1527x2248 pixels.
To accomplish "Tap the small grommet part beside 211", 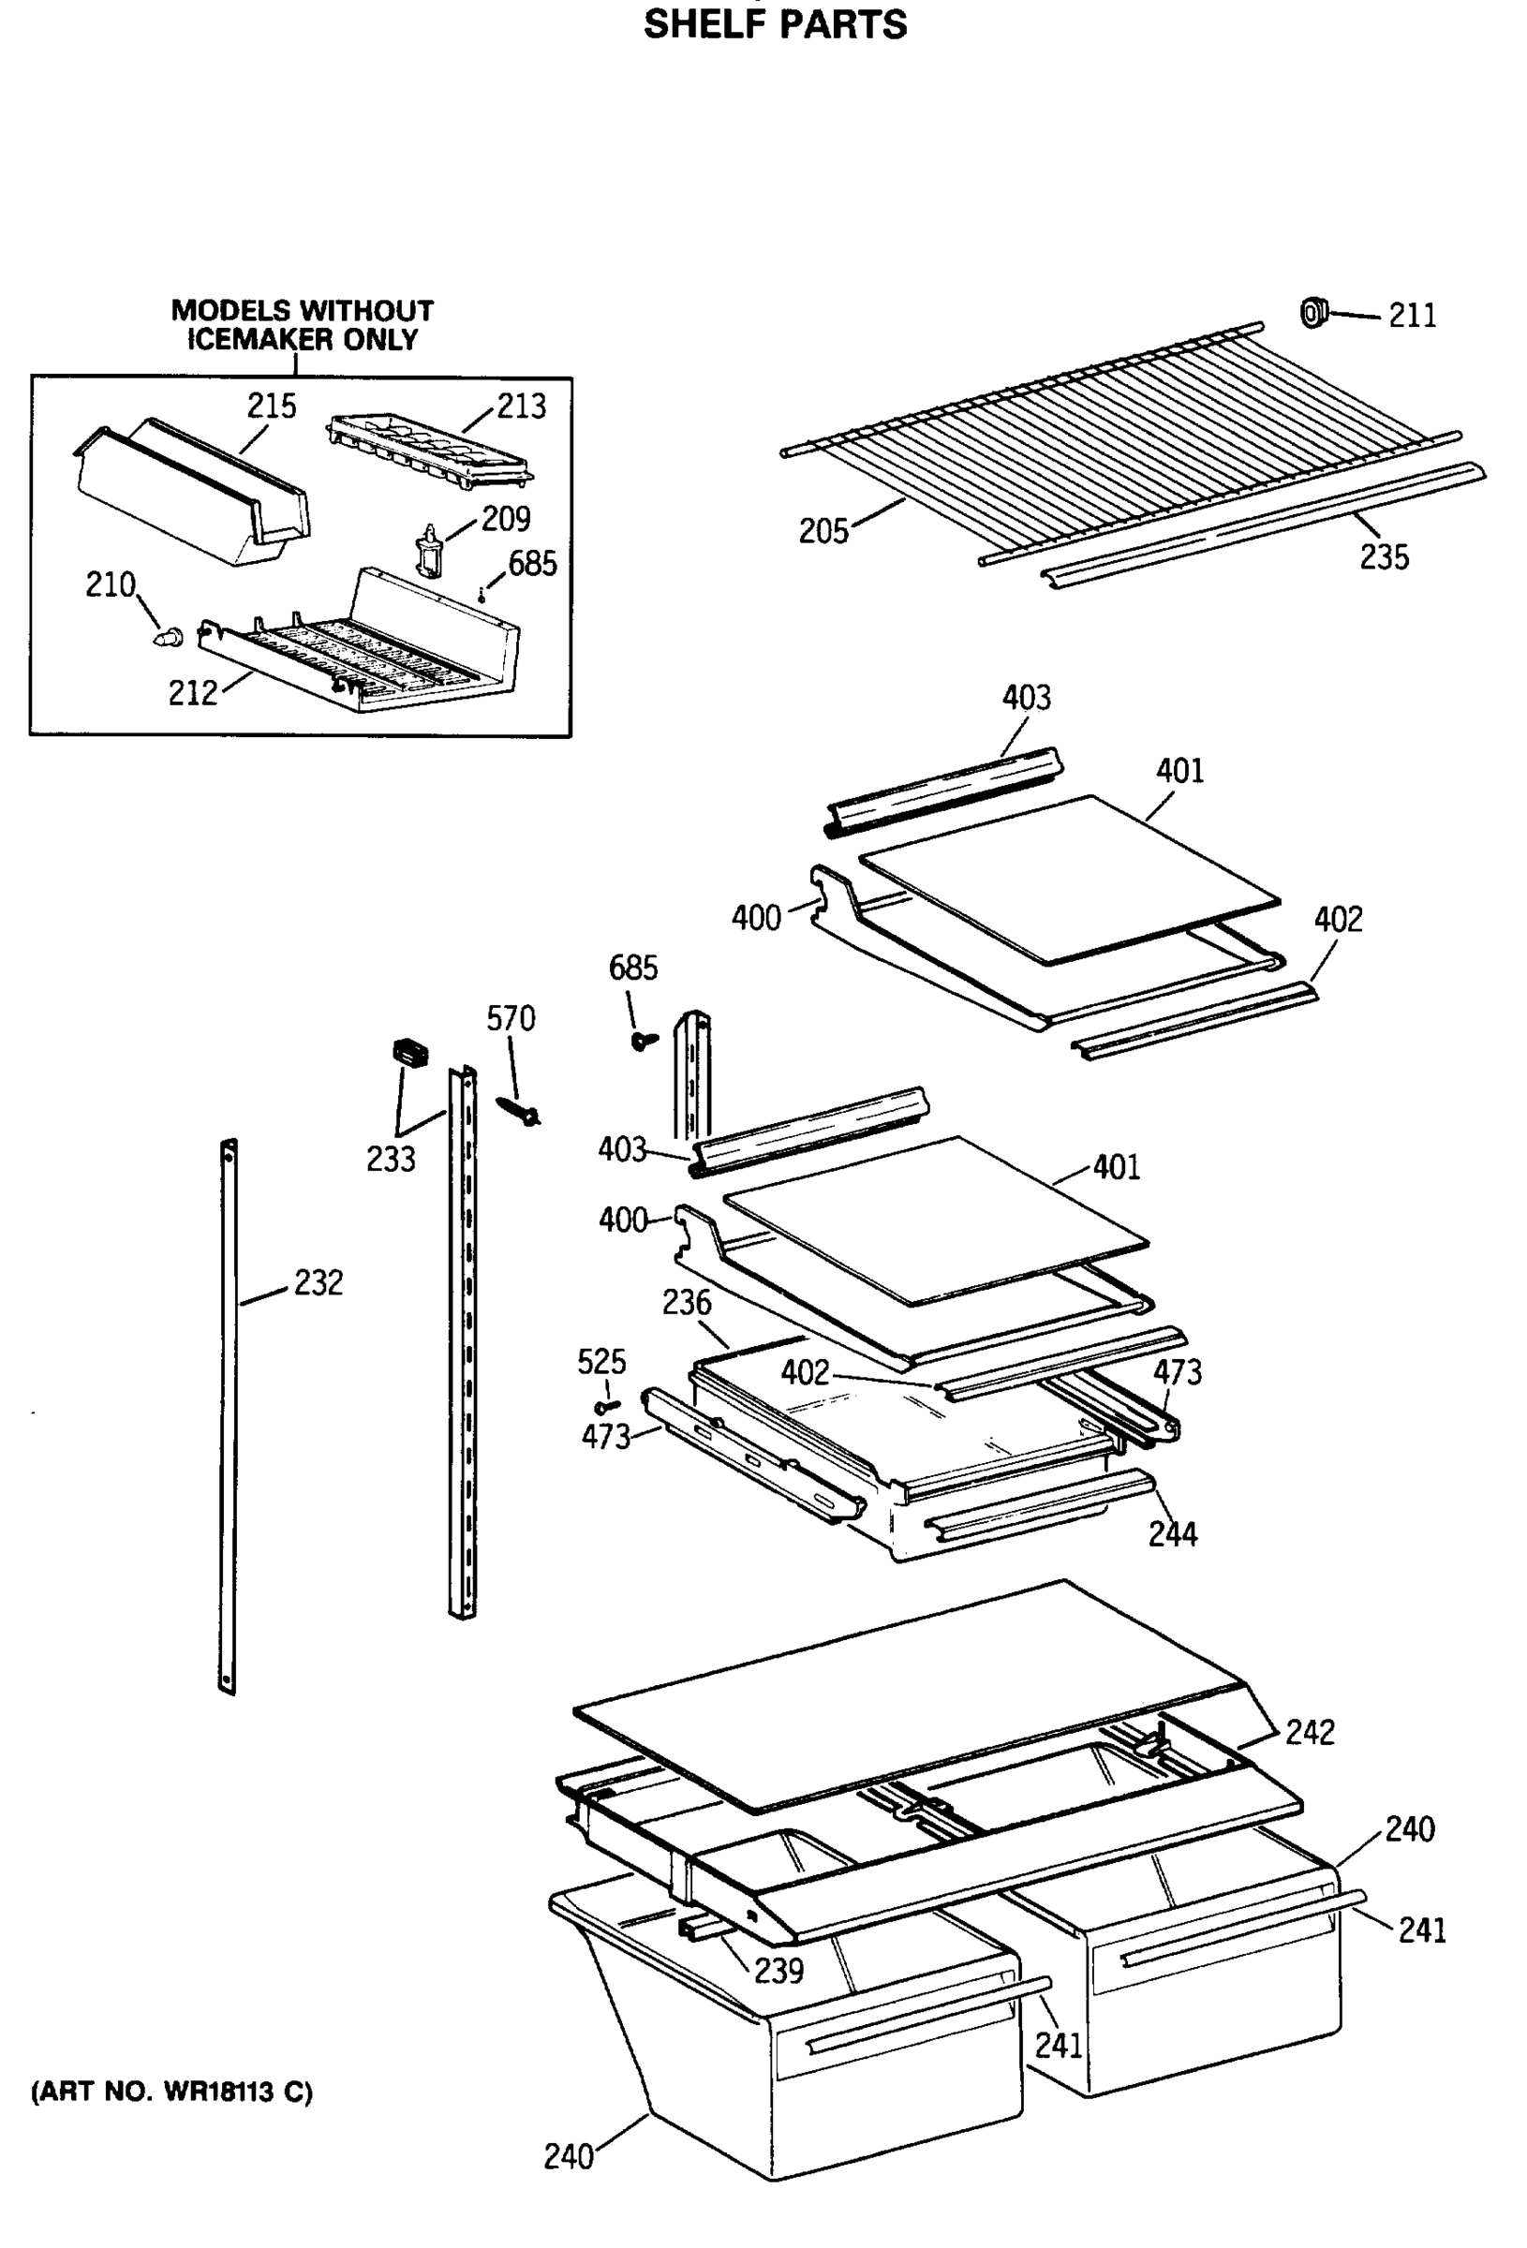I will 1312,313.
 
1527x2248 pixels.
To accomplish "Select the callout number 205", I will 823,531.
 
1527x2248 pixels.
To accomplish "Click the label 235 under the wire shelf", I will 1384,557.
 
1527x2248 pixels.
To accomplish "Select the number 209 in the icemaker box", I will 505,520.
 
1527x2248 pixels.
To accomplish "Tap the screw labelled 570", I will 519,1112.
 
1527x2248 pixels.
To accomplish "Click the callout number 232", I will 319,1282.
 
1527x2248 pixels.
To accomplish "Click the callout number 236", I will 686,1303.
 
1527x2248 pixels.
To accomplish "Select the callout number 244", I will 1172,1534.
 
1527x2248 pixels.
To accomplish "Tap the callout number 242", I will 1310,1732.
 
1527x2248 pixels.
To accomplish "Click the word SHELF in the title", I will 703,24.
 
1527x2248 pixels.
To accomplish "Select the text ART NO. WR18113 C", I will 172,2093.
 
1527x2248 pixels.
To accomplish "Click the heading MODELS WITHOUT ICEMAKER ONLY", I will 302,325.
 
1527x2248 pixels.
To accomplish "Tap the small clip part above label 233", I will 409,1053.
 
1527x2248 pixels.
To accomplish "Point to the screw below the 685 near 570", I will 643,1040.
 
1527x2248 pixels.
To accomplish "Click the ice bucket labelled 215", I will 194,494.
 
